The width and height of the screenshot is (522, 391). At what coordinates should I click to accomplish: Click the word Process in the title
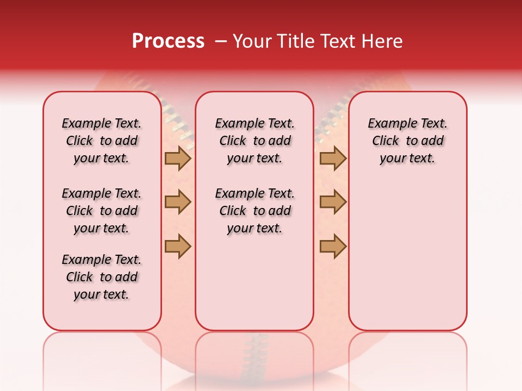(x=168, y=41)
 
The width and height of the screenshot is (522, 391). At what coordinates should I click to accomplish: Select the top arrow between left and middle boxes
(x=178, y=159)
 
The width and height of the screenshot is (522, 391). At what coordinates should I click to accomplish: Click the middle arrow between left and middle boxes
(x=178, y=202)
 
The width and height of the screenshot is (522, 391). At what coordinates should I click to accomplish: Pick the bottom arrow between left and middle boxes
(x=178, y=247)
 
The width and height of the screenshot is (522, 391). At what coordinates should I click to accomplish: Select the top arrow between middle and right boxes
(x=333, y=159)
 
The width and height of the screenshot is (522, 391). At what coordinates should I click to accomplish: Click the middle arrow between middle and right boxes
(x=333, y=202)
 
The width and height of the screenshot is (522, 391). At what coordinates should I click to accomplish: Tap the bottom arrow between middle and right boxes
(x=333, y=247)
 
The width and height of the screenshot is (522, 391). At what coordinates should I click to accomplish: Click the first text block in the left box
(x=102, y=141)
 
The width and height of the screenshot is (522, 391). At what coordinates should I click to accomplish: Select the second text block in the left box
(x=102, y=211)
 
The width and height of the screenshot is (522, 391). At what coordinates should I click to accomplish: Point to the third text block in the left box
(x=102, y=277)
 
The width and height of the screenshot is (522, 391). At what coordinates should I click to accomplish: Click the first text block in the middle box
(x=254, y=141)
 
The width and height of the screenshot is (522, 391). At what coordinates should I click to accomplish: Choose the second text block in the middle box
(x=254, y=211)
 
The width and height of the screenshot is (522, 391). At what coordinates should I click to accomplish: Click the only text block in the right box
(x=408, y=141)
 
